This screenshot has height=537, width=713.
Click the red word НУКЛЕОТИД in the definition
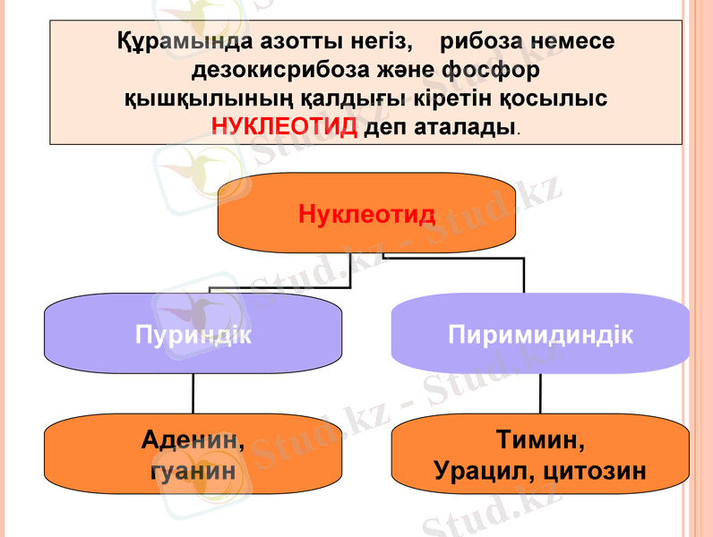(x=284, y=126)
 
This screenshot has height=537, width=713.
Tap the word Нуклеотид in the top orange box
(x=366, y=215)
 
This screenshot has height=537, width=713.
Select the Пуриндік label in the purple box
(x=193, y=336)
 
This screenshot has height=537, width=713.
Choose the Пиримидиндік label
(x=540, y=336)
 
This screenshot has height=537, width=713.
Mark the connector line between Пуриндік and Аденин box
(x=193, y=393)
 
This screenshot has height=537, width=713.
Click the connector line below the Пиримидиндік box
(x=540, y=393)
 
